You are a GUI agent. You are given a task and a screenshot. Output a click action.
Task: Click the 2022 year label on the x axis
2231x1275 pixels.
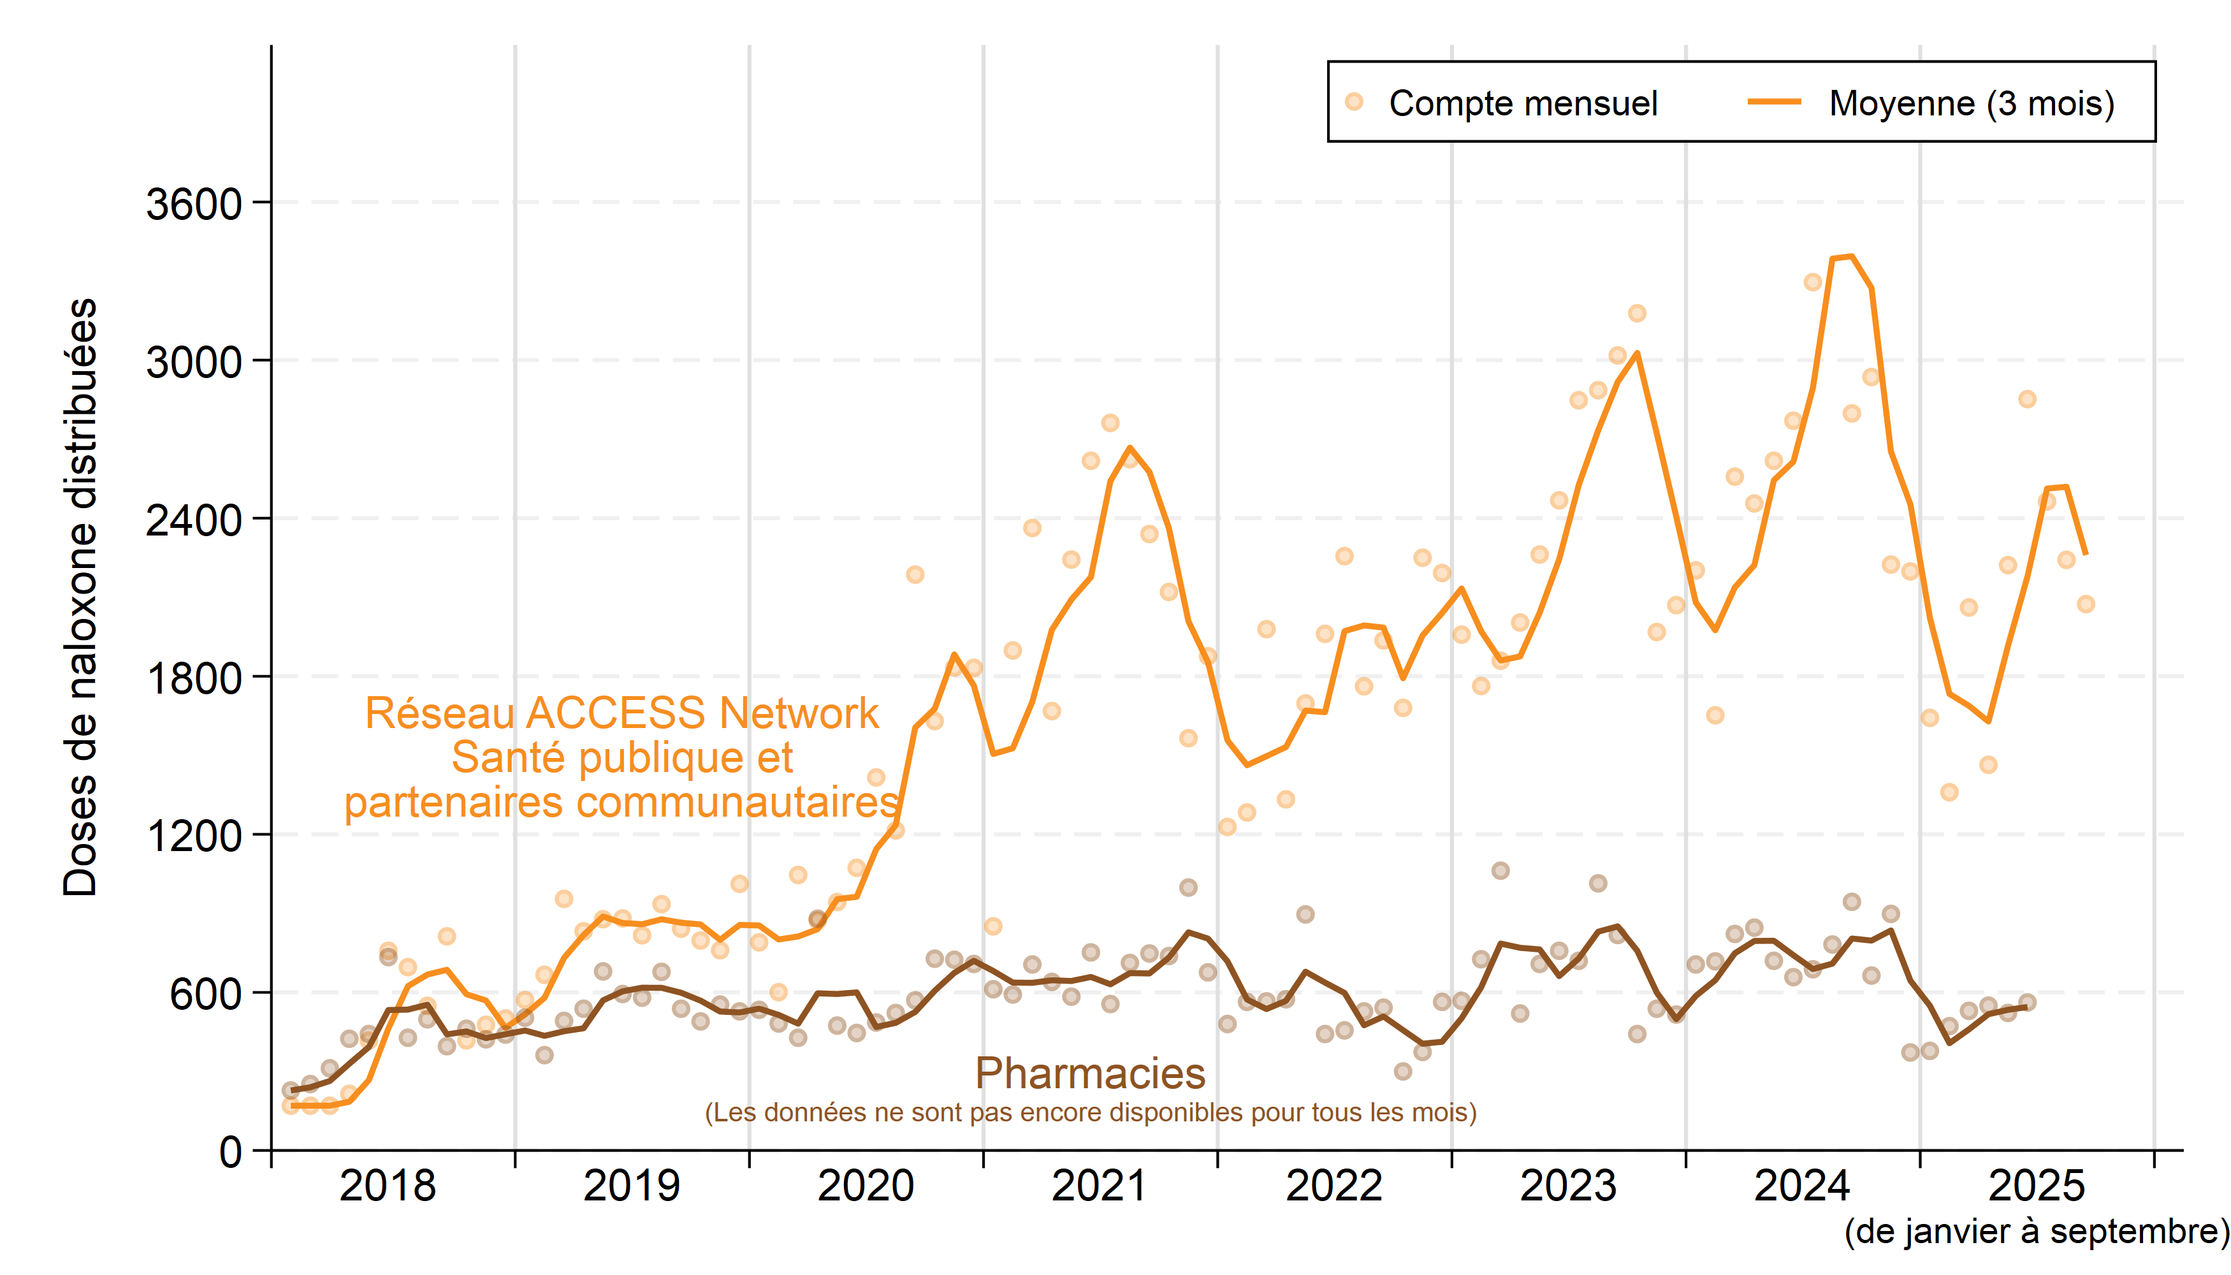point(1334,1186)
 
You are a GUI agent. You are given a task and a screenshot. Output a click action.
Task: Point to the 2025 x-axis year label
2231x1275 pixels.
point(2037,1186)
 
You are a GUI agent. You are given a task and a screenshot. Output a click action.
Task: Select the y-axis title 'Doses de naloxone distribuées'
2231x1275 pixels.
point(80,597)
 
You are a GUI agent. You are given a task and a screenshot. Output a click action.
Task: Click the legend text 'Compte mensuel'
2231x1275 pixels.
point(1523,103)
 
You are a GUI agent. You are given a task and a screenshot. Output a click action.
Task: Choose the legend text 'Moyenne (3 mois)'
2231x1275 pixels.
point(1971,103)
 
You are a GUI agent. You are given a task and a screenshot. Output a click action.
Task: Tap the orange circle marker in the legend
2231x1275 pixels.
point(1354,101)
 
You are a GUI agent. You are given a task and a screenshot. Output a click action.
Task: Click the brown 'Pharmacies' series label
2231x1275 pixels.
point(1090,1074)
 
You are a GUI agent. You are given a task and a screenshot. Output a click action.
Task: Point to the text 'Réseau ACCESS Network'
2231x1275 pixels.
point(621,713)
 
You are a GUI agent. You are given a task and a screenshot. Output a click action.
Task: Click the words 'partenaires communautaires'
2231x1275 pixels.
point(621,802)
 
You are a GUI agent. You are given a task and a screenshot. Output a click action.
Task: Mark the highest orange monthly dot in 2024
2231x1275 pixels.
point(1812,282)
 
